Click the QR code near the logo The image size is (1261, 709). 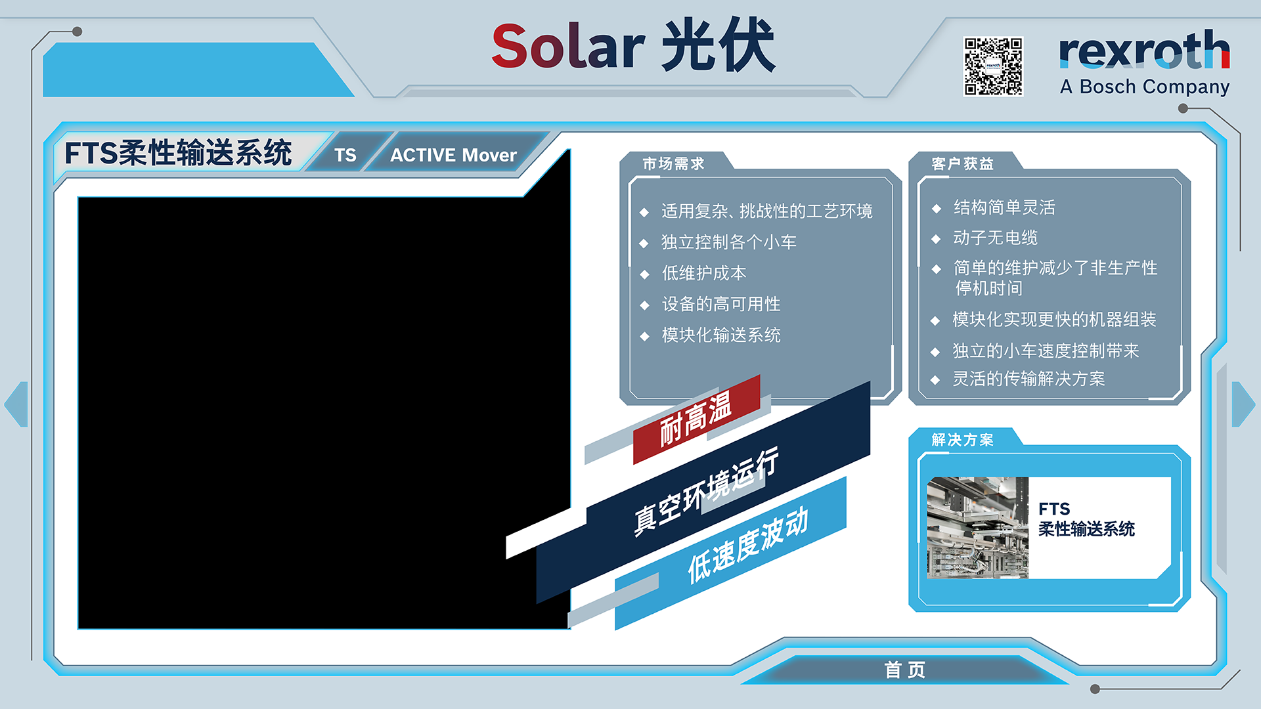tap(993, 66)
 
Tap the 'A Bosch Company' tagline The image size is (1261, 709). tap(1145, 87)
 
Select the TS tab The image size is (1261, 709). tap(345, 155)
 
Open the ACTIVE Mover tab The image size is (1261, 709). tap(453, 155)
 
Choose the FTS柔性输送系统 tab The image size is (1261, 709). tap(178, 153)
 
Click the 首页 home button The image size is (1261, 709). tap(904, 670)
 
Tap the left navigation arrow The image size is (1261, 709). tap(16, 404)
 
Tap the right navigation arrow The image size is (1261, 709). tap(1243, 404)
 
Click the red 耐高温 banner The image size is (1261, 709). tap(696, 419)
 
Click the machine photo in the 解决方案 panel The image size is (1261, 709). tap(977, 528)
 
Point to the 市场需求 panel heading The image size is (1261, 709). tap(673, 163)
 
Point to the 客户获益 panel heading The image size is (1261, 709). tap(962, 163)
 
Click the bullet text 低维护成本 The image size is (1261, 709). tap(704, 273)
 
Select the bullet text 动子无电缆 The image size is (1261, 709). tap(996, 238)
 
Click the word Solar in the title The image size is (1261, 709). tap(568, 47)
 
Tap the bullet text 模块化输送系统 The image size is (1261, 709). tap(721, 335)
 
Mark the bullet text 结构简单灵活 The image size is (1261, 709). tap(1004, 207)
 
